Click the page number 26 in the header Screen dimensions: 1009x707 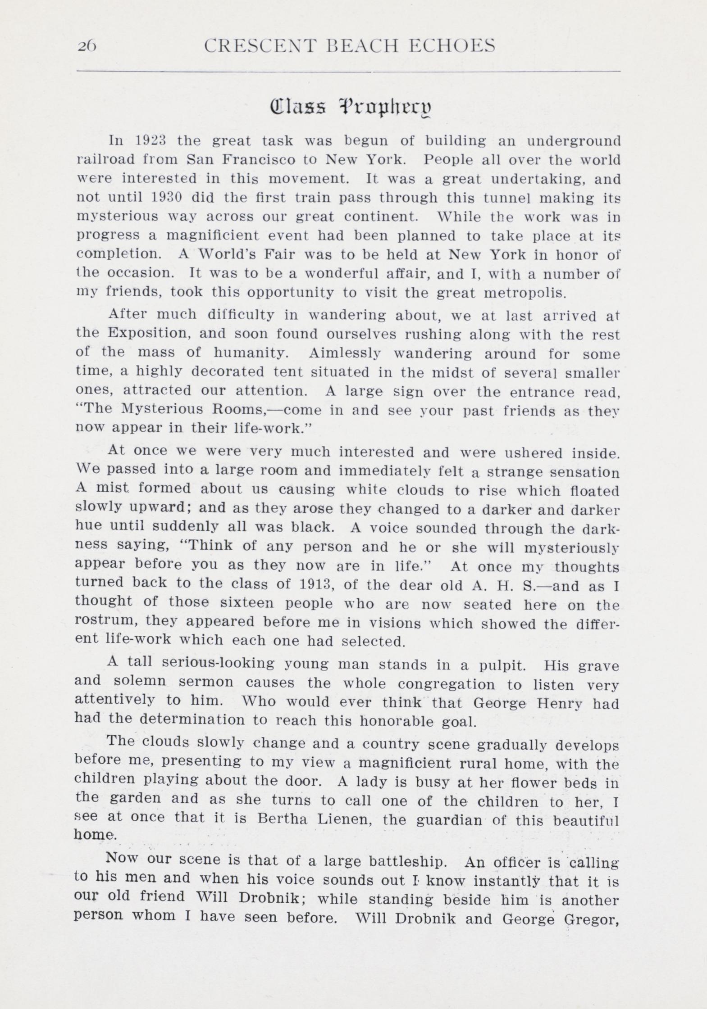point(87,46)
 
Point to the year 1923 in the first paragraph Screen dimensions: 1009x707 point(151,140)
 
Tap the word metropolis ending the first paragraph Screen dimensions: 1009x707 point(525,293)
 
